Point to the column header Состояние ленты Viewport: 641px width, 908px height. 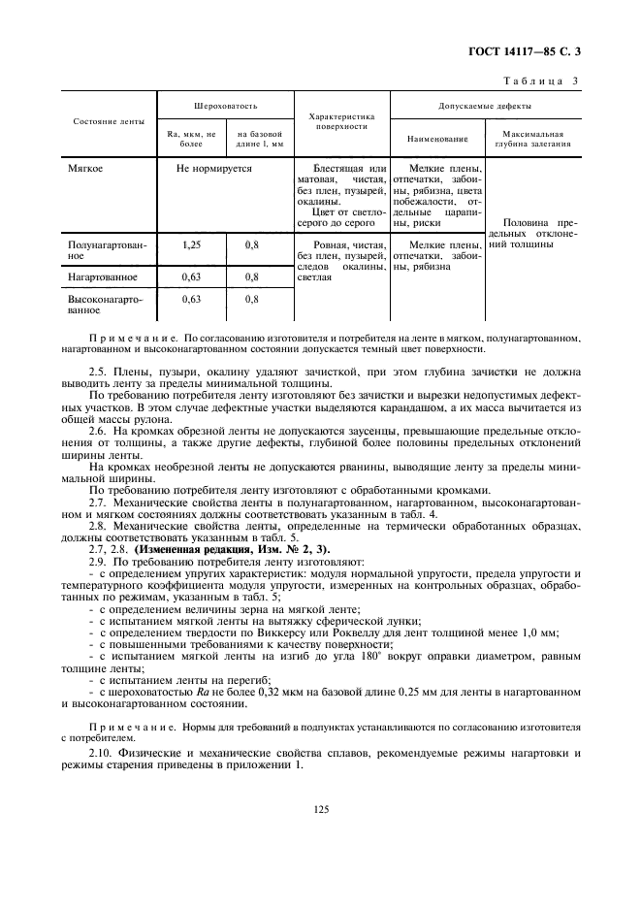coord(110,121)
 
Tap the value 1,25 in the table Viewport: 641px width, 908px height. coord(191,245)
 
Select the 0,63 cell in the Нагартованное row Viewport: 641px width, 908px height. coord(191,276)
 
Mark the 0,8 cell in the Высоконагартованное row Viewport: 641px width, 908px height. coord(252,300)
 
